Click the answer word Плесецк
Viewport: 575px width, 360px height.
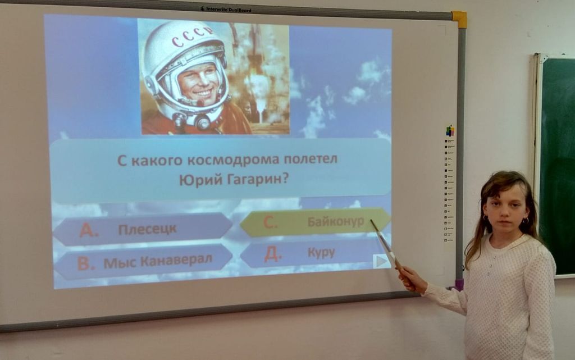pos(147,230)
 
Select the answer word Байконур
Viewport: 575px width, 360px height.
pos(336,221)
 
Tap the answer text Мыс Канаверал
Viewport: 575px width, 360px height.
pos(158,261)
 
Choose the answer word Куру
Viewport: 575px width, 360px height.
pos(321,253)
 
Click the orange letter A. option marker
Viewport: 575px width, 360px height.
pos(89,230)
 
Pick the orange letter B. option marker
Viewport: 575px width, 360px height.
pos(86,263)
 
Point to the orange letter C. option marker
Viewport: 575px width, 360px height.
pos(270,222)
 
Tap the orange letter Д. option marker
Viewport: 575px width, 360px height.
pos(273,254)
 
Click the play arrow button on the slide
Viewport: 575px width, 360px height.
pos(381,261)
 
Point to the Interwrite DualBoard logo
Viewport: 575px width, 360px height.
pos(226,9)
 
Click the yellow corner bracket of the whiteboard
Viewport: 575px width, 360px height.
pos(460,19)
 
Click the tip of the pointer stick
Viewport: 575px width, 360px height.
pos(371,220)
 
